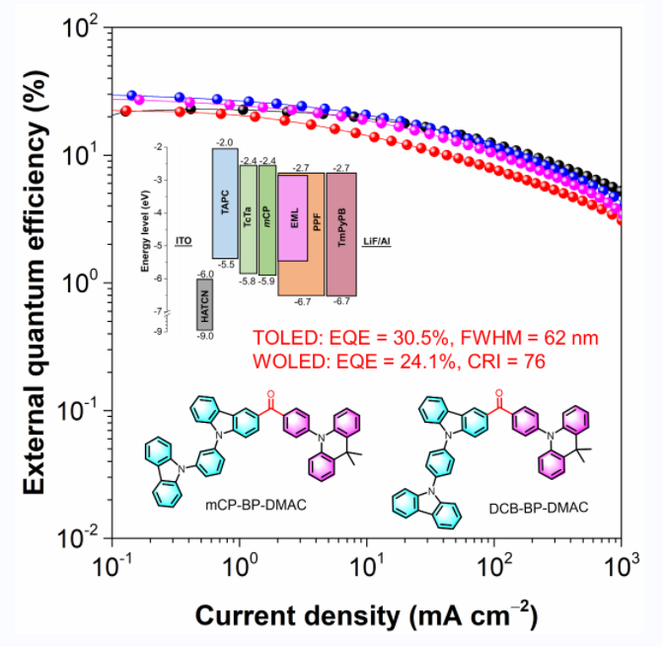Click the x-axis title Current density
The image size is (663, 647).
pyautogui.click(x=366, y=616)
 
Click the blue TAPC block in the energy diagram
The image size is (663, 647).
pyautogui.click(x=224, y=203)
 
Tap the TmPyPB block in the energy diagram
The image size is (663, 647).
pyautogui.click(x=341, y=234)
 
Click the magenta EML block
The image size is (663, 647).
pyautogui.click(x=295, y=218)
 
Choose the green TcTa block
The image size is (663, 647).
pyautogui.click(x=248, y=219)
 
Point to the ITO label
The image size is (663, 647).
pyautogui.click(x=183, y=240)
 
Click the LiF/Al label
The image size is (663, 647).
pyautogui.click(x=378, y=240)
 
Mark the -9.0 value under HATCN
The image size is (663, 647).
pyautogui.click(x=206, y=337)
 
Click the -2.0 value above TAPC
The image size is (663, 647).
pyautogui.click(x=224, y=143)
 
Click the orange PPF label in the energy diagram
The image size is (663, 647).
pyautogui.click(x=316, y=224)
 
